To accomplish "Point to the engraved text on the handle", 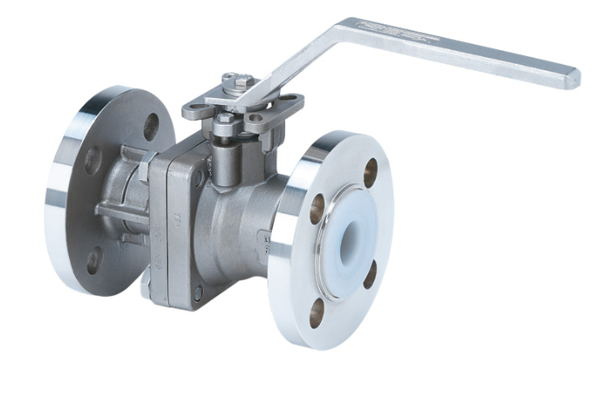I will [x=404, y=35].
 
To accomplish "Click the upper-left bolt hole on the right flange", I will [x=317, y=207].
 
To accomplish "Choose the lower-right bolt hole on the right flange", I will [x=370, y=273].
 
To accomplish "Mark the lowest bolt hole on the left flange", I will [x=94, y=260].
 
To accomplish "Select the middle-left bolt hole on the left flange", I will [x=92, y=161].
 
